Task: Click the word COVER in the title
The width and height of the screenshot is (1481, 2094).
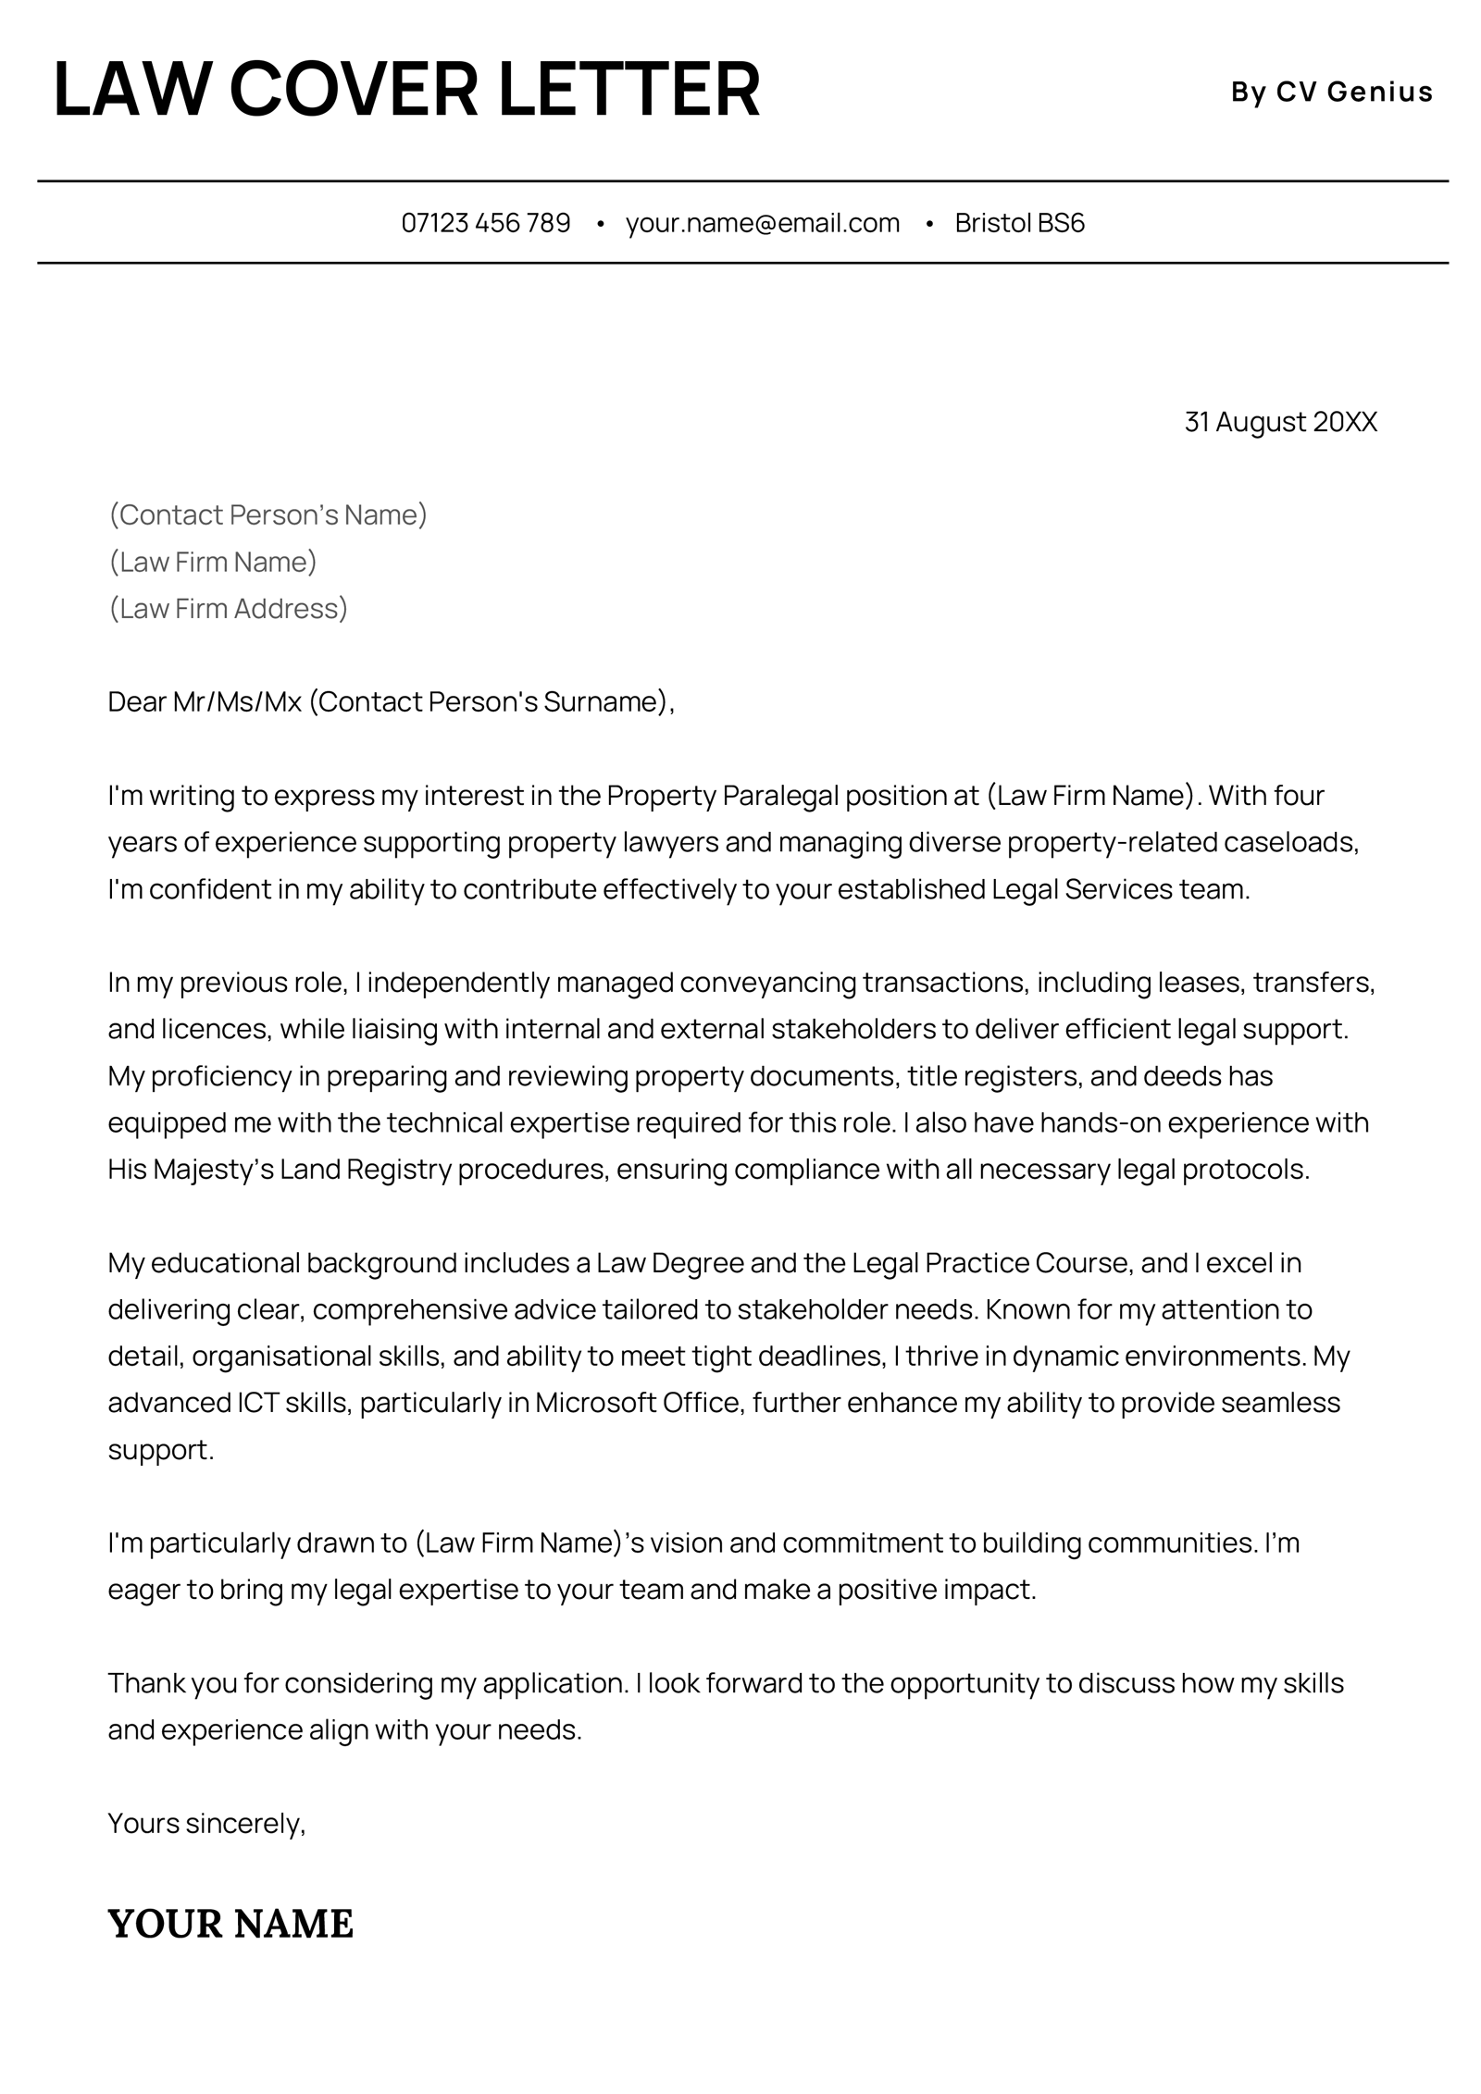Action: coord(353,90)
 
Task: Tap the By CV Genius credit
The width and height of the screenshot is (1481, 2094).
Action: coord(1331,92)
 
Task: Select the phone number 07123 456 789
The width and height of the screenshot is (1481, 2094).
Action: coord(485,223)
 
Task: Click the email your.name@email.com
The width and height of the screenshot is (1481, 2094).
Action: coord(762,223)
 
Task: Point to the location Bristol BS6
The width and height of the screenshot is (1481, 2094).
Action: coord(1019,223)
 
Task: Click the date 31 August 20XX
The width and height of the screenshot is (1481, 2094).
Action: coord(1280,422)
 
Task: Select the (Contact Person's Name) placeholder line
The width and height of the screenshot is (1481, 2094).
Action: coord(268,514)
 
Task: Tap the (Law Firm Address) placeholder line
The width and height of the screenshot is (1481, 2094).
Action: coord(229,608)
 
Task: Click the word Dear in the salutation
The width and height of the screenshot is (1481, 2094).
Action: coord(136,701)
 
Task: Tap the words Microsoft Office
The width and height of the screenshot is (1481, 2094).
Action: coord(638,1402)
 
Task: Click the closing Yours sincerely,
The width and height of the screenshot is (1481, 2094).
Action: coord(206,1823)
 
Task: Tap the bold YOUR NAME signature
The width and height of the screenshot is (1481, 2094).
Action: coord(230,1923)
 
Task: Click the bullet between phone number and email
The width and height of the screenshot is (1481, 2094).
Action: coord(601,224)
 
